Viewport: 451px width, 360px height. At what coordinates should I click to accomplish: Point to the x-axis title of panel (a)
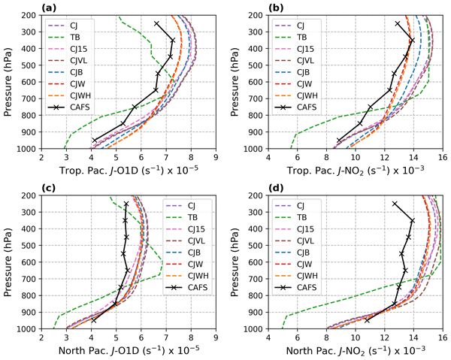click(x=129, y=172)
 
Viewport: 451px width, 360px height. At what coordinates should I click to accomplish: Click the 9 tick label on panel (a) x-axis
click(x=216, y=158)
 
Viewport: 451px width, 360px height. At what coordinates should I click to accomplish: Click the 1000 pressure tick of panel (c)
click(x=28, y=328)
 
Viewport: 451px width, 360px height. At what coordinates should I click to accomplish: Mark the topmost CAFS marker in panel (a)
click(x=156, y=23)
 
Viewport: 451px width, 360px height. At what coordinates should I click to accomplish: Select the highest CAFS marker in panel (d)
click(x=395, y=204)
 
